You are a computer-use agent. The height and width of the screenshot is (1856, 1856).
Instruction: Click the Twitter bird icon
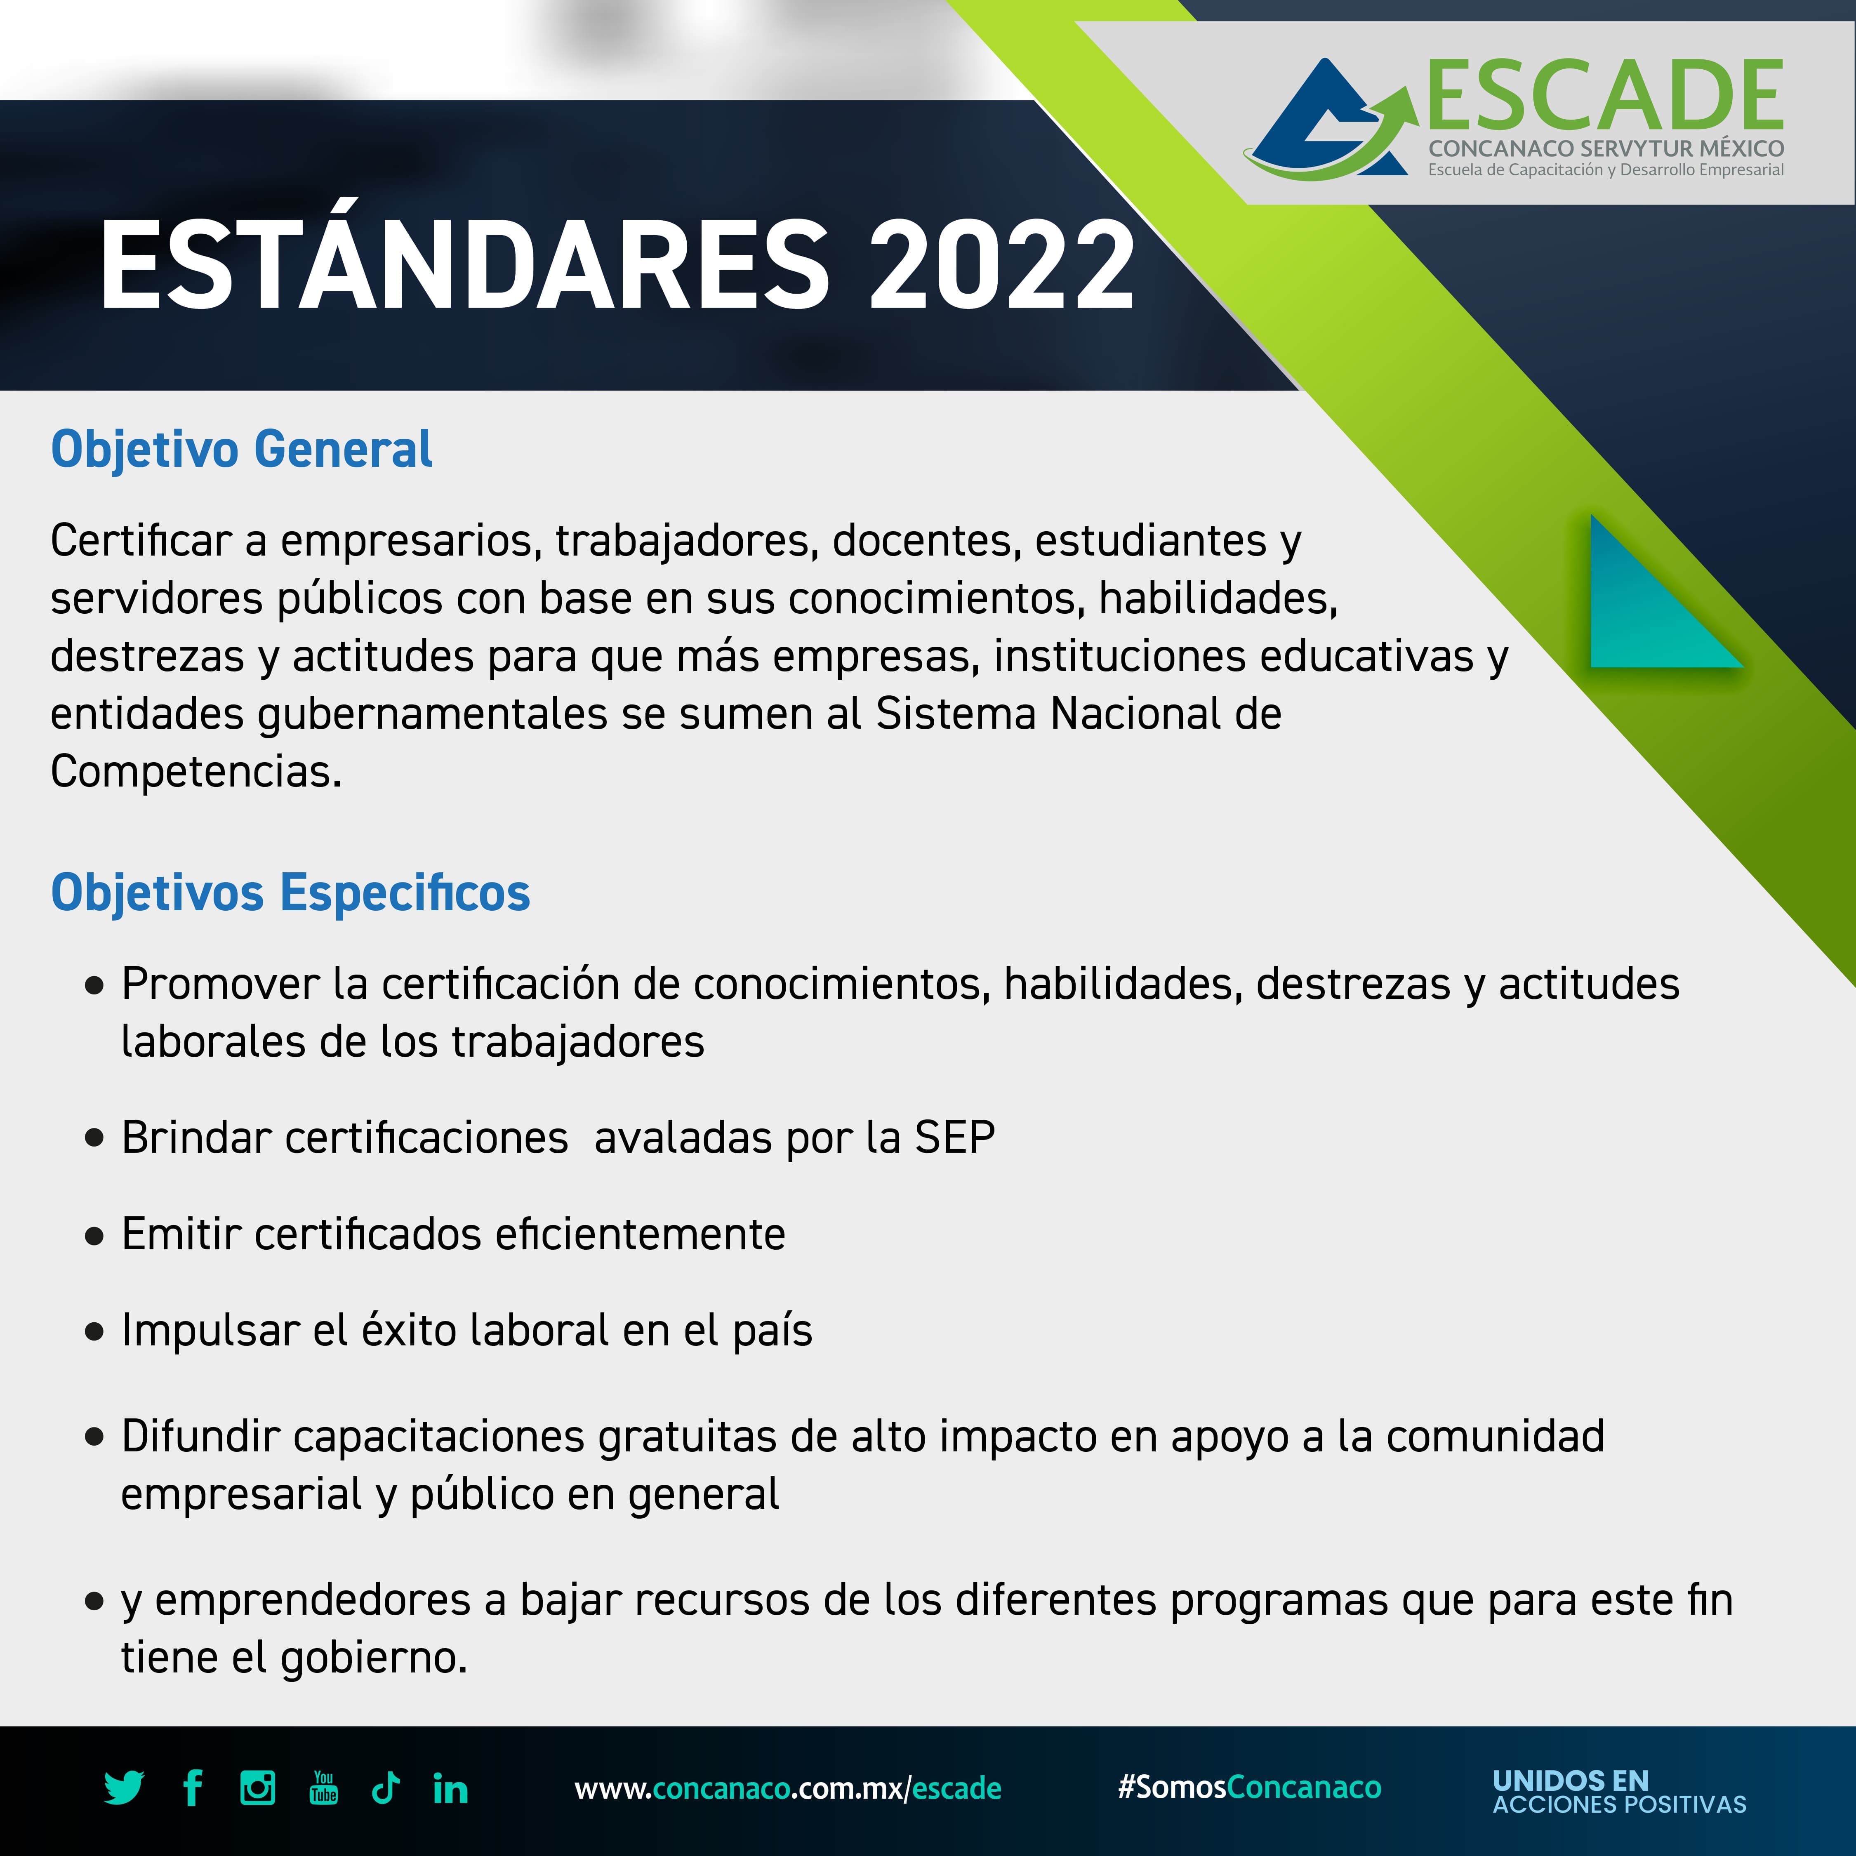click(x=124, y=1788)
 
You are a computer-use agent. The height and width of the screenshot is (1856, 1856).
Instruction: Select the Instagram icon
click(x=257, y=1788)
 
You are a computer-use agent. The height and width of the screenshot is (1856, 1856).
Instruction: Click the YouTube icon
click(x=324, y=1788)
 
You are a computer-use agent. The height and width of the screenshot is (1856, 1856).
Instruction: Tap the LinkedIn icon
click(x=450, y=1788)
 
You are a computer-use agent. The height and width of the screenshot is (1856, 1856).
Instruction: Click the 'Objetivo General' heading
click(x=242, y=450)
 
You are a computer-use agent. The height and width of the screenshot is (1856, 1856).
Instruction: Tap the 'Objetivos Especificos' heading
click(x=290, y=893)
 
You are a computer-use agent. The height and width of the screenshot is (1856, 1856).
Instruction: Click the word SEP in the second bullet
click(x=955, y=1138)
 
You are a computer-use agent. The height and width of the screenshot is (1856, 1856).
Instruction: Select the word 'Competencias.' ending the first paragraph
click(x=196, y=771)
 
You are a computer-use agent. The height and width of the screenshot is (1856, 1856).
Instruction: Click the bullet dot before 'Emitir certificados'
click(x=94, y=1235)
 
